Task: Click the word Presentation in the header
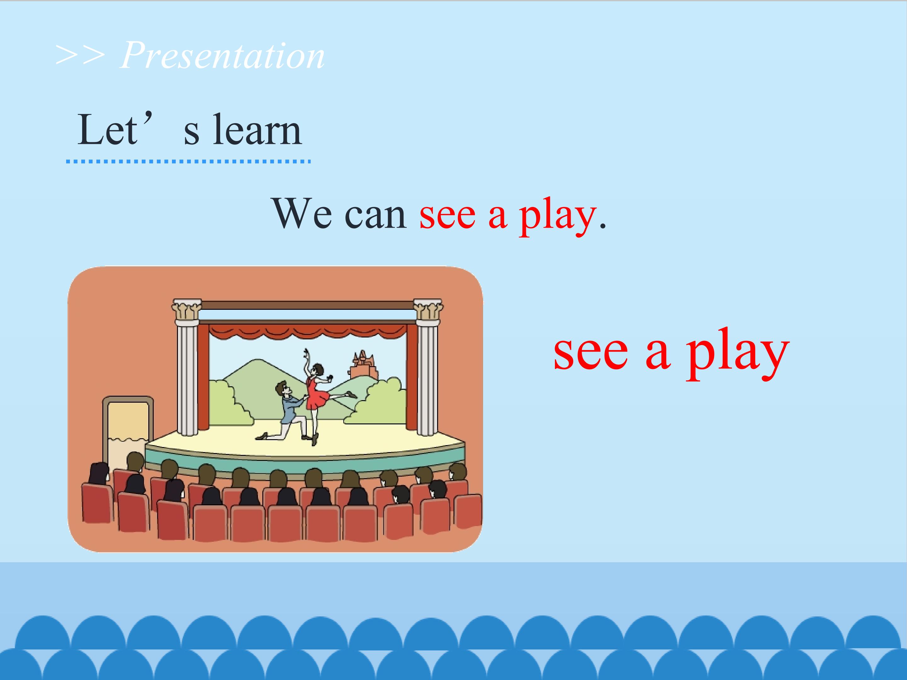click(x=222, y=56)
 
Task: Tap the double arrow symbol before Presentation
click(x=80, y=55)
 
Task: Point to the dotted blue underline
click(x=188, y=161)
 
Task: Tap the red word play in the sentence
click(x=557, y=217)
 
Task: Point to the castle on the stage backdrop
click(x=363, y=365)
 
